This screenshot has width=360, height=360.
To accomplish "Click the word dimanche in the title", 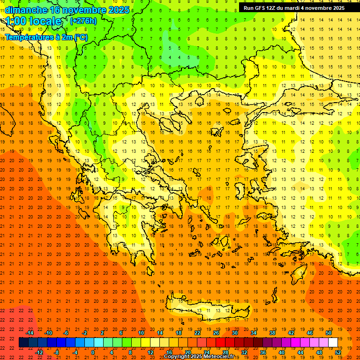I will coord(26,10).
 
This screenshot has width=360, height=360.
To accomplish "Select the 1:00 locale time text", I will coord(34,22).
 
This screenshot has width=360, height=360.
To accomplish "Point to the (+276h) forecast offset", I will coord(83,21).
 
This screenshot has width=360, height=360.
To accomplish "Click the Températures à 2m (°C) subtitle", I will coord(46,37).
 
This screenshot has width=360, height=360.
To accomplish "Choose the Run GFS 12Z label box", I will coord(294,8).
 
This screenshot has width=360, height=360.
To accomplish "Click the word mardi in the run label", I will coord(291,8).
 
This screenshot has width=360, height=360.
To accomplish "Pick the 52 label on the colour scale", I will coord(338,352).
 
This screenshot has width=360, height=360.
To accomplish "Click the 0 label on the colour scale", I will coord(93,352).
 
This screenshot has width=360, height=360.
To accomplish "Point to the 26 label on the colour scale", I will coord(216,333).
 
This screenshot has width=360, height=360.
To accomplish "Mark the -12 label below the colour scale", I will coord(39,352).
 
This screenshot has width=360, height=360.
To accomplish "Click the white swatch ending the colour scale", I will coord(333,343).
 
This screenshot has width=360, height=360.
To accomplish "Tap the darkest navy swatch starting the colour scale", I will coord(23,343).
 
